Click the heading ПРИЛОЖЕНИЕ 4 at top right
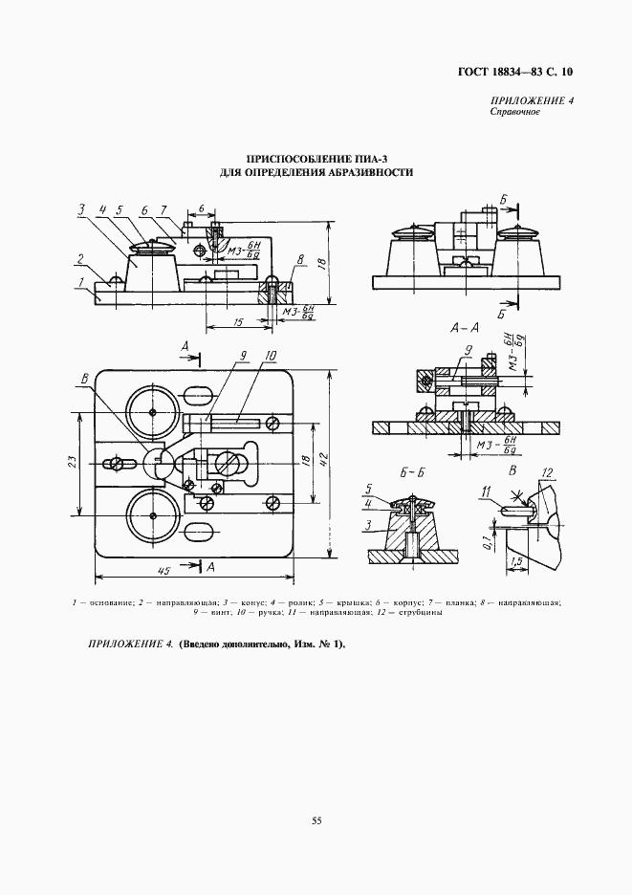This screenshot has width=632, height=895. coord(532,101)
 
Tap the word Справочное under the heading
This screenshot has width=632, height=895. coord(515,113)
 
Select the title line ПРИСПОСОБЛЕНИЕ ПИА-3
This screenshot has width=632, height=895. coord(316,158)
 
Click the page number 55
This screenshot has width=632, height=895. coord(316,819)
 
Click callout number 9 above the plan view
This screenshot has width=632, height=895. coord(244,356)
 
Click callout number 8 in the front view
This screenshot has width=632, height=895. coord(300,259)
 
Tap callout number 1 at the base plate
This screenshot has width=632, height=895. coord(83,282)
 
